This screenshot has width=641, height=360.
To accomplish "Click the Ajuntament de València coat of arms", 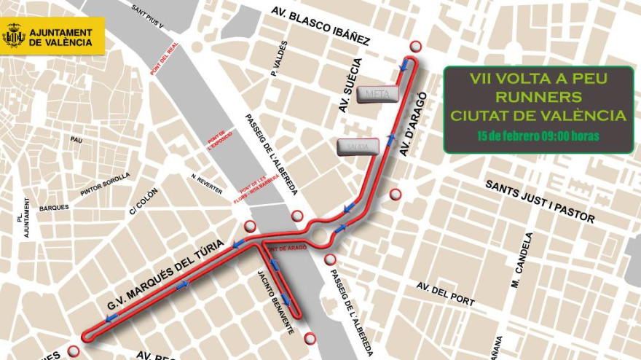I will (14, 35).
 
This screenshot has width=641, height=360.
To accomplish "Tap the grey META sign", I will (377, 94).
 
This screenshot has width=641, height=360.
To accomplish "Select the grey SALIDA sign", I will (358, 146).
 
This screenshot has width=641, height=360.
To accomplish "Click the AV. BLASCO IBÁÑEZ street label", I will (320, 27).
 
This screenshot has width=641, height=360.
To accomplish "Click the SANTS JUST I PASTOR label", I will (540, 201).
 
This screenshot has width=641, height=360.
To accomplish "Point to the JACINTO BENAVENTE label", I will (275, 302).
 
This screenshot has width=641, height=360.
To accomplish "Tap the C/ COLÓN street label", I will (143, 201).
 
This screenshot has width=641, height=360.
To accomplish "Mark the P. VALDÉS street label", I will (277, 58).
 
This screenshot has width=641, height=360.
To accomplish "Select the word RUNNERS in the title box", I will (538, 96).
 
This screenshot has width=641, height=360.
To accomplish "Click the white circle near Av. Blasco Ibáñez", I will (415, 46).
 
